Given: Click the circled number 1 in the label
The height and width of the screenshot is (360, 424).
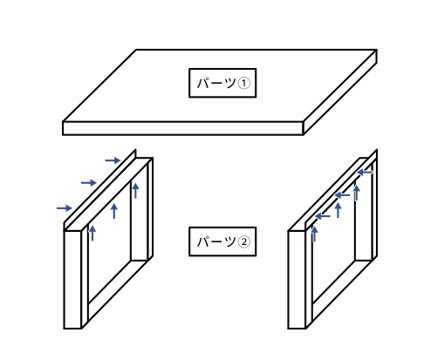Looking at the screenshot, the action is [x=244, y=84].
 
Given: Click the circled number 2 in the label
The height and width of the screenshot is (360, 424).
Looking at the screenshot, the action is [x=244, y=241].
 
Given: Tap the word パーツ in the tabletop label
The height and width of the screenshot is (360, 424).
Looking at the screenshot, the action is [x=216, y=84].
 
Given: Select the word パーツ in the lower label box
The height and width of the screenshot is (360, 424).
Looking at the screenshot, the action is [x=216, y=241].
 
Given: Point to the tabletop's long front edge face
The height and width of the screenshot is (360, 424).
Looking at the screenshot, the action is [x=183, y=128].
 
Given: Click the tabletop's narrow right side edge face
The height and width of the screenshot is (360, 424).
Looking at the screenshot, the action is [x=340, y=92].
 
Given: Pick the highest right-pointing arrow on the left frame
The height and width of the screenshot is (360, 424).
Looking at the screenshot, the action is [x=113, y=160].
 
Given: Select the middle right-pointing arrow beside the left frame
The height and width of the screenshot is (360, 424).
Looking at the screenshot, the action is [x=89, y=183].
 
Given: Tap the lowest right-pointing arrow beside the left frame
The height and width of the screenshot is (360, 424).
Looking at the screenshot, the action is [x=65, y=208].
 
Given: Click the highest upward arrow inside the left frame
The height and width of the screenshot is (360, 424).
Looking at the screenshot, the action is [x=135, y=191].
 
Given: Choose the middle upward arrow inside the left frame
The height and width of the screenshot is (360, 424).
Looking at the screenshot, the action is [x=114, y=211].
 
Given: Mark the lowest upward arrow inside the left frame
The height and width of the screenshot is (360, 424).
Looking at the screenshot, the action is [x=92, y=233].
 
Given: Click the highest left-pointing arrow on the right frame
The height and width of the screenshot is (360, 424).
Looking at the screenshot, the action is [x=365, y=173].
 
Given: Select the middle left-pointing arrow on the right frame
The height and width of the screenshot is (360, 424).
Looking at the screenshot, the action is [x=342, y=195].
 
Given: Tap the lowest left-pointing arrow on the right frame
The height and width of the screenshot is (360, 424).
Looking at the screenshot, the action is [x=323, y=216].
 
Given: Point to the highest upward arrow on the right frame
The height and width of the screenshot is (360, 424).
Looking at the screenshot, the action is [x=357, y=193].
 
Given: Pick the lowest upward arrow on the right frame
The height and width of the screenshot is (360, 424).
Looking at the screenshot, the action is [x=314, y=234].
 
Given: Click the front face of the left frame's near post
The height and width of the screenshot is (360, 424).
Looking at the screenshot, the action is [x=72, y=280].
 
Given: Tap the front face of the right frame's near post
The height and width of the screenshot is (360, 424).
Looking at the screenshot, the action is [x=297, y=280].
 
